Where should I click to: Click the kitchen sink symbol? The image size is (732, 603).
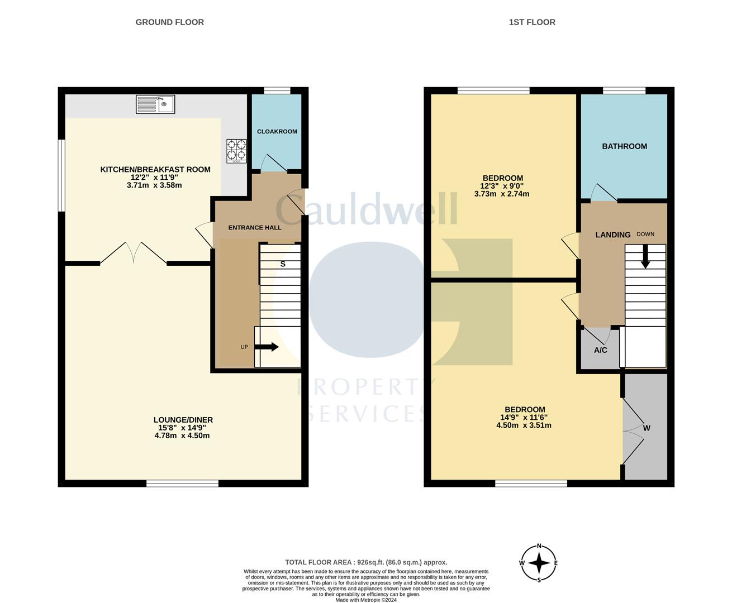(155, 104)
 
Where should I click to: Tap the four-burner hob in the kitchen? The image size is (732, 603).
(236, 151)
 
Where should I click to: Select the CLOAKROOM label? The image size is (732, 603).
(277, 131)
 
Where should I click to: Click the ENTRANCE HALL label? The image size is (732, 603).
(255, 227)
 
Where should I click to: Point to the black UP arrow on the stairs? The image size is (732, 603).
(267, 347)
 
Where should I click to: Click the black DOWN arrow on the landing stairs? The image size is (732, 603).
(645, 256)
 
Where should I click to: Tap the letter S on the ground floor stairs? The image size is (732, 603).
(283, 264)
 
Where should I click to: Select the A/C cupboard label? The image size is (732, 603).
(601, 350)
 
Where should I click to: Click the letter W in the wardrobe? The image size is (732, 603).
(647, 428)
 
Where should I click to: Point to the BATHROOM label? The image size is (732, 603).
(625, 146)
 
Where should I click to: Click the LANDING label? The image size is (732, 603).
(613, 234)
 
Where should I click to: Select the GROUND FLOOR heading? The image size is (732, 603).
(170, 22)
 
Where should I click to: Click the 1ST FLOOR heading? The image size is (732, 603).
(532, 22)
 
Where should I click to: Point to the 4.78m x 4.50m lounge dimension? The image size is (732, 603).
(182, 435)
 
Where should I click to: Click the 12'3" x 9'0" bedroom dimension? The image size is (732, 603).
(502, 186)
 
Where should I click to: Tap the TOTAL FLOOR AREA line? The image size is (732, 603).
(366, 562)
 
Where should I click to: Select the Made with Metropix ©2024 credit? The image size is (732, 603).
(366, 600)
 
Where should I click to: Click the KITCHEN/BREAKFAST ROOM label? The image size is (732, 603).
(155, 170)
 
